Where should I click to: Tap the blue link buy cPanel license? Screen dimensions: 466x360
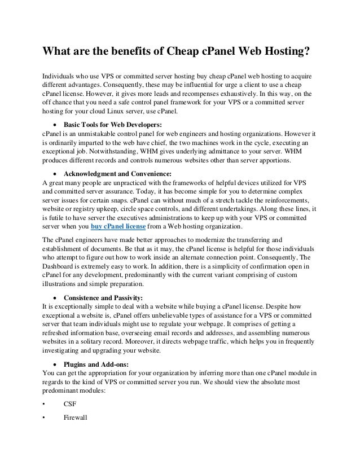point(118,227)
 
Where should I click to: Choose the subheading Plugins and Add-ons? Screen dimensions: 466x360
point(95,363)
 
